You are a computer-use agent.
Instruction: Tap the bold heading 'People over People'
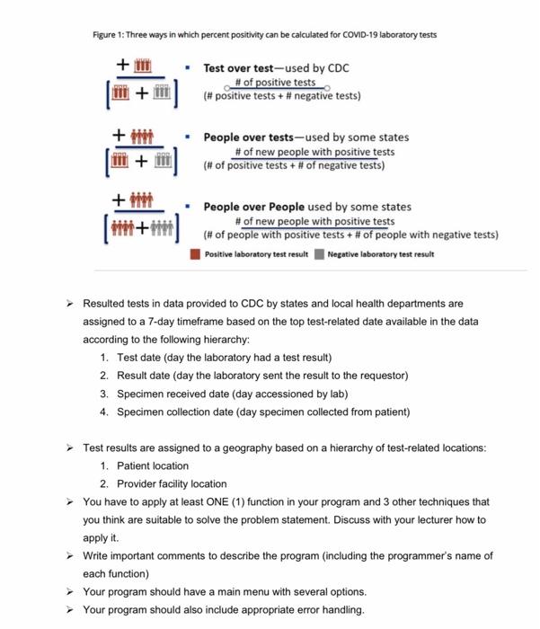click(x=253, y=207)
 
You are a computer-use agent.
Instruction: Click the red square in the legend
click(x=196, y=254)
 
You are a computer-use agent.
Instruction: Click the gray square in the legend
click(x=320, y=254)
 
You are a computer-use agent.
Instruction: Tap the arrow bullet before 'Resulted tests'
click(x=70, y=304)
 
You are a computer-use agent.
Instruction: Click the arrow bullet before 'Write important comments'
click(x=70, y=555)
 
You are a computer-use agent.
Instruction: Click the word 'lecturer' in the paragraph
click(x=420, y=519)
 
